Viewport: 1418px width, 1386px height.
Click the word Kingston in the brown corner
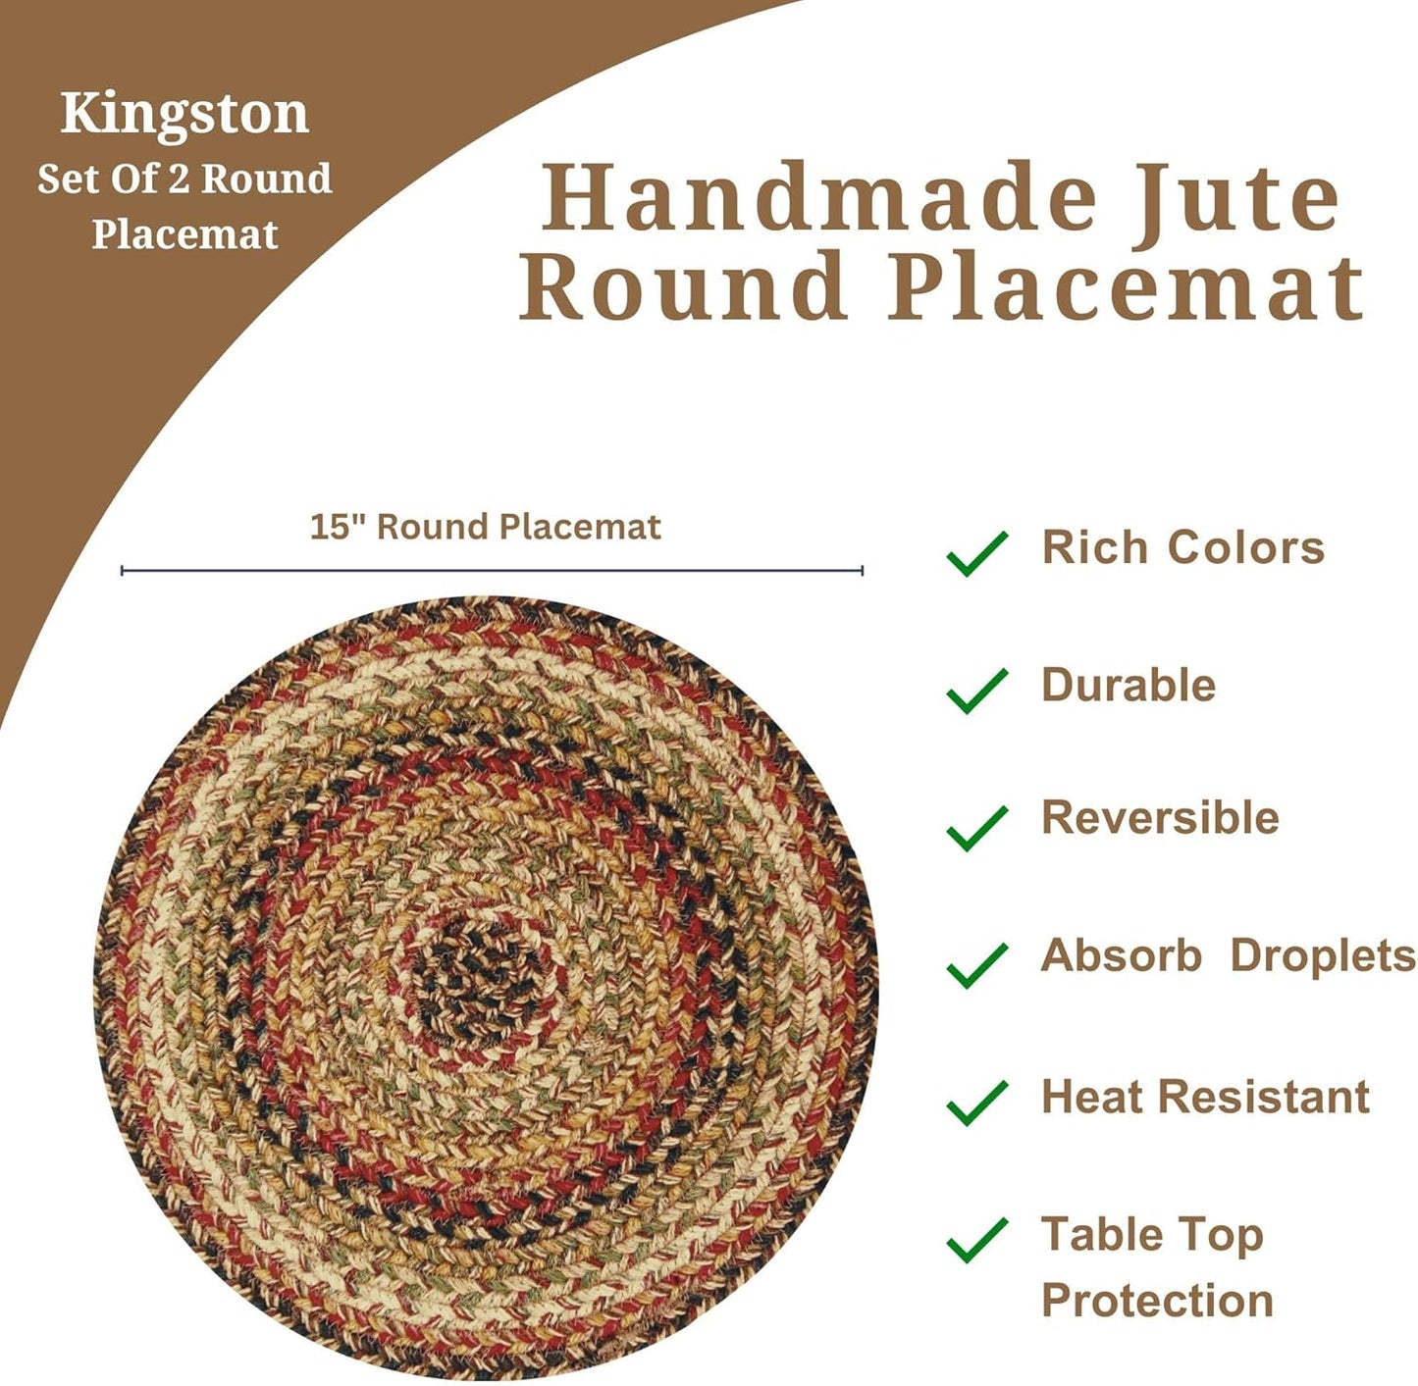point(184,114)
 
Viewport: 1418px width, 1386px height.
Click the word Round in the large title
point(683,286)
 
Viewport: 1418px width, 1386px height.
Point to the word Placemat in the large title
point(1126,286)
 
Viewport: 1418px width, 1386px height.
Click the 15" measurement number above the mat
point(331,527)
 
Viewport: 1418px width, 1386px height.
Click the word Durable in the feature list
point(1129,685)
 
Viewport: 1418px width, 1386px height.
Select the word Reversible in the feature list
point(1160,818)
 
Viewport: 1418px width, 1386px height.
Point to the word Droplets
point(1322,956)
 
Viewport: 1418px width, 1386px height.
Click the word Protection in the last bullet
point(1157,1301)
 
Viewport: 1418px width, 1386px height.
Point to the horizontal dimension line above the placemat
point(492,570)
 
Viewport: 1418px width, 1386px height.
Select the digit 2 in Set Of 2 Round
point(180,180)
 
